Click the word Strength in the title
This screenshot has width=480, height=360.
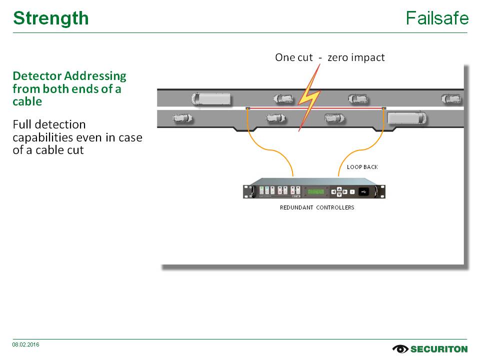point(51,18)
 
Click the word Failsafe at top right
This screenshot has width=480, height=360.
point(437,18)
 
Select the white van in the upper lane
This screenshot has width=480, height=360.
point(211,99)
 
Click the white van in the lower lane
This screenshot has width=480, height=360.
point(406,118)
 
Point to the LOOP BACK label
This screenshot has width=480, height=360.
point(362,167)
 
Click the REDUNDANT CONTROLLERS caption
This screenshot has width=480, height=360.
point(317,207)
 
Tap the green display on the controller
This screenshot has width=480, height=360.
point(316,191)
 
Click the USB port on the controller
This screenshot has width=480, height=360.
point(365,191)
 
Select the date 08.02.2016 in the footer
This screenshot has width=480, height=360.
point(26,345)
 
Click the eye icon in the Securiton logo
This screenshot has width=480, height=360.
point(400,349)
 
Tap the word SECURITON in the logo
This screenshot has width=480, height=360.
point(439,349)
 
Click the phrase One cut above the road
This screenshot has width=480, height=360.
point(293,57)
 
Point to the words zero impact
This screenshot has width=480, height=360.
point(356,57)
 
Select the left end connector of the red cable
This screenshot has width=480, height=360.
point(247,108)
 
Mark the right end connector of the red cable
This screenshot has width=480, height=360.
point(383,108)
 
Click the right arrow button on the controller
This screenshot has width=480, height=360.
point(345,191)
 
